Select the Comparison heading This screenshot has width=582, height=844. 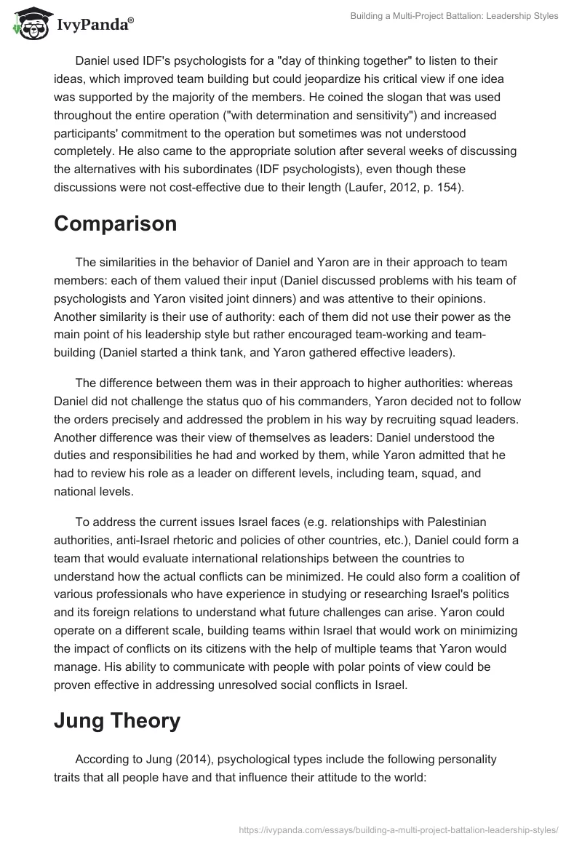coord(115,223)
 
